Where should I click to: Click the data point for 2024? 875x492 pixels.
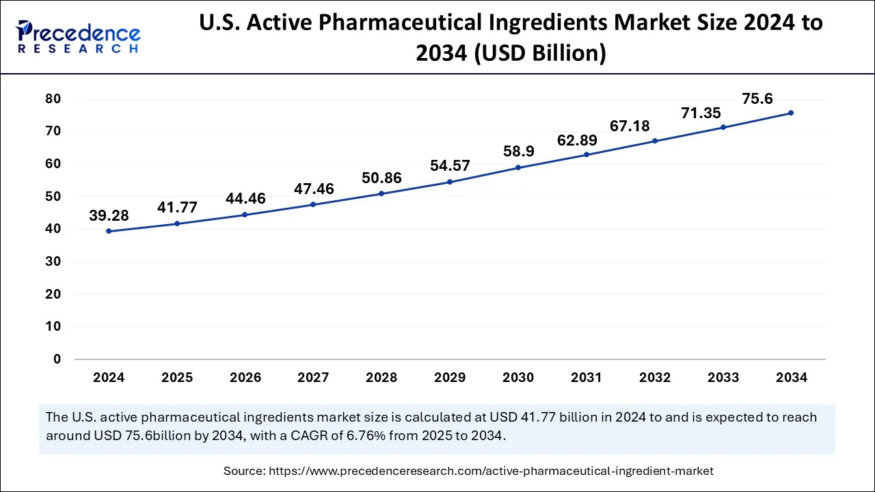click(x=109, y=231)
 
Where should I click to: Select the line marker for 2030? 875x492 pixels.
click(x=518, y=167)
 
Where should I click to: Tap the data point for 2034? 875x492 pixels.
click(x=791, y=113)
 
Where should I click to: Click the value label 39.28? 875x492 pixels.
click(x=109, y=216)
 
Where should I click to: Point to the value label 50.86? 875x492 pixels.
click(x=381, y=178)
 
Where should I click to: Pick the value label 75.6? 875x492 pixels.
click(x=757, y=99)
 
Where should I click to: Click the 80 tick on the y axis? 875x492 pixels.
click(x=53, y=99)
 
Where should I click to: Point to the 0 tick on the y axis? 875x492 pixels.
click(x=57, y=359)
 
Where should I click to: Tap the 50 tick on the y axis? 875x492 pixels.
click(x=53, y=197)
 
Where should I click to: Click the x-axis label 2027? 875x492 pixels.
click(x=313, y=378)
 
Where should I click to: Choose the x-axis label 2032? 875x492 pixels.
click(x=654, y=378)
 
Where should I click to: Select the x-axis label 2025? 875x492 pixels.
click(x=177, y=378)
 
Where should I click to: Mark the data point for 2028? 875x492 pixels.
click(x=381, y=193)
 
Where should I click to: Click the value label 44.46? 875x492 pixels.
click(x=245, y=200)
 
